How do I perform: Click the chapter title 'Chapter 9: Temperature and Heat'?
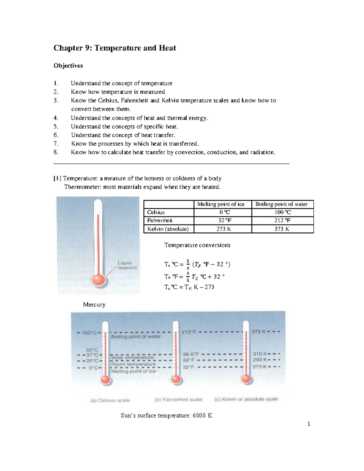point(115,48)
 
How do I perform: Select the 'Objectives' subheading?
point(68,66)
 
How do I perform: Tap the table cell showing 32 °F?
point(223,220)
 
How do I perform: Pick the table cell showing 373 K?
point(282,229)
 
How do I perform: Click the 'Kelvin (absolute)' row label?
point(168,229)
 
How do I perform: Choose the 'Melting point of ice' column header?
point(221,204)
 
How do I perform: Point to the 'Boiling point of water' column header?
point(281,204)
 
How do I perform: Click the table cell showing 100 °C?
point(282,212)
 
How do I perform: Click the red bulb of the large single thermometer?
point(99,280)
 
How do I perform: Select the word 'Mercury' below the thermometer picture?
point(94,304)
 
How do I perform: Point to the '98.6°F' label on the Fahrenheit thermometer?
point(190,354)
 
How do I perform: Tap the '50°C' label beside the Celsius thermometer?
point(92,350)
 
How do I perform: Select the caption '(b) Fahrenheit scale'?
point(178,400)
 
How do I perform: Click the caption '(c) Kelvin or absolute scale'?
point(246,399)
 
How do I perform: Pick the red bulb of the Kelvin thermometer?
point(246,379)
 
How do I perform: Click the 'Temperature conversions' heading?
point(197,245)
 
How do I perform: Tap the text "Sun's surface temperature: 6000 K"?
point(166,415)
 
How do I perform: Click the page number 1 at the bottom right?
point(308,424)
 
